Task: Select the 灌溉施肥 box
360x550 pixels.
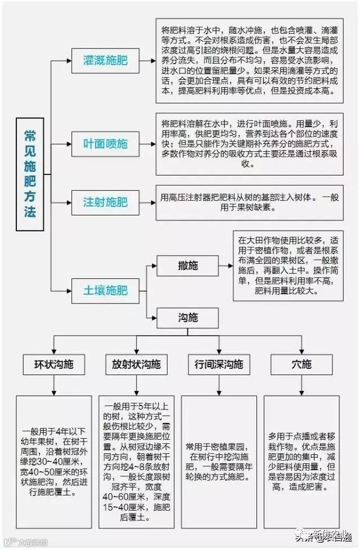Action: (x=105, y=60)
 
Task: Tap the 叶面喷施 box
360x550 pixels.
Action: (x=105, y=143)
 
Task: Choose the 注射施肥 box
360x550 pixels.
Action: (x=105, y=201)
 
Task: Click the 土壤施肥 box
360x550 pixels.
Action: (x=105, y=290)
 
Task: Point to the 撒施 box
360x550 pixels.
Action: (x=187, y=265)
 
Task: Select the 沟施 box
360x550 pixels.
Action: (x=187, y=318)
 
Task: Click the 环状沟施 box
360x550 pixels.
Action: (x=55, y=364)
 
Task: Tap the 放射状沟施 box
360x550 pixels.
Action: (x=136, y=364)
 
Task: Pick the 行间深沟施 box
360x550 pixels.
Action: (x=218, y=364)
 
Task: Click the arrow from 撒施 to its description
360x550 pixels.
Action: (x=225, y=265)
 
